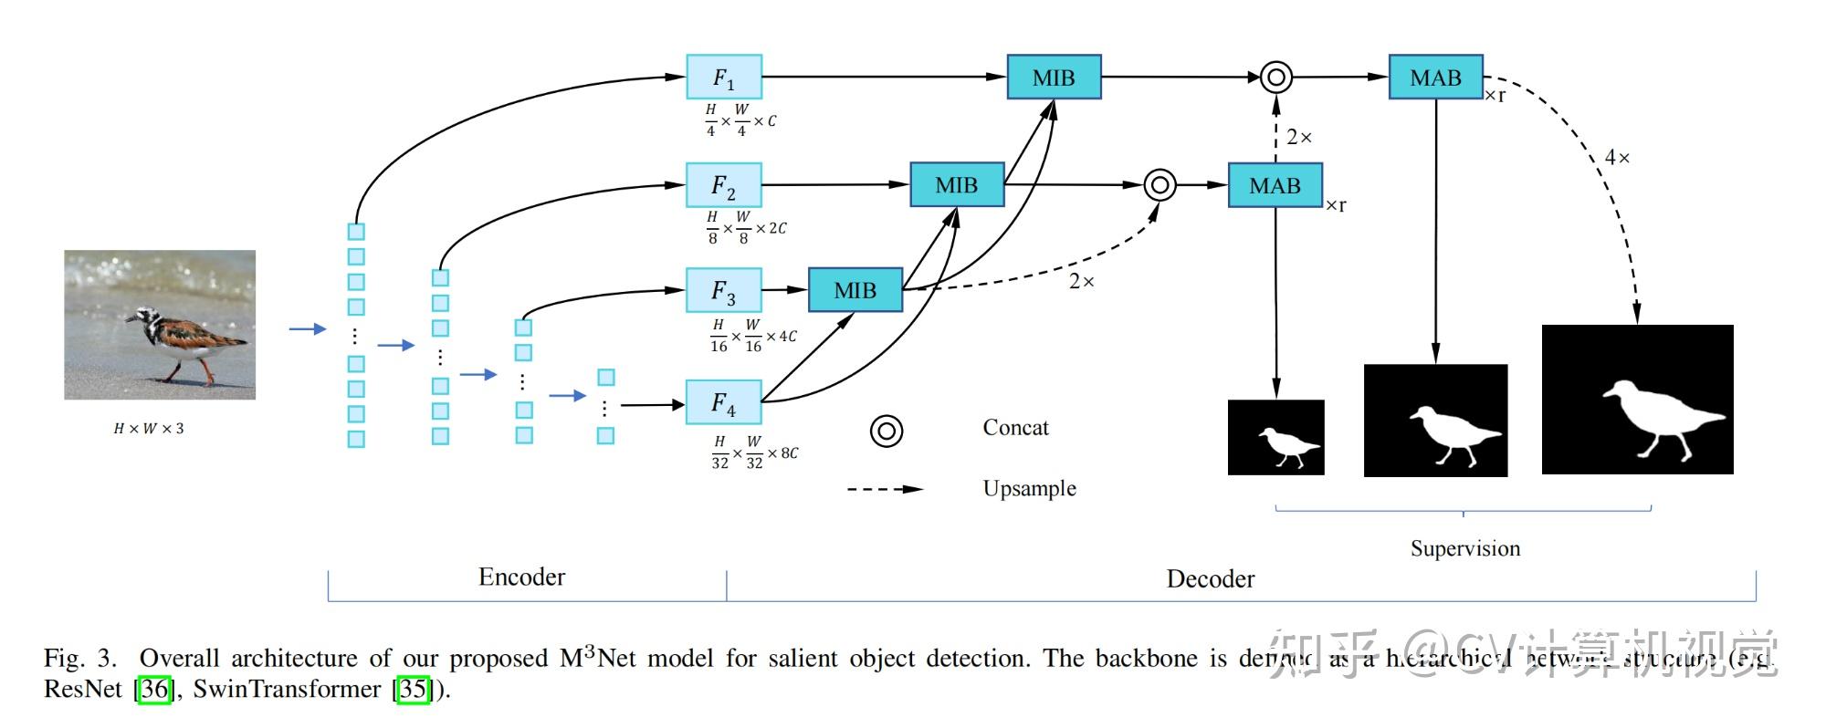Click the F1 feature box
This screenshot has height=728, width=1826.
724,78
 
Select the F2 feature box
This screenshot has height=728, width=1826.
724,185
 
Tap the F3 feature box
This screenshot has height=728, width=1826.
724,290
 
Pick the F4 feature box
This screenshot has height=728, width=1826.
724,402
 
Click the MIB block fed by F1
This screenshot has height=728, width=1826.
1054,78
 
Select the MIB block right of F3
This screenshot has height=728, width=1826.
855,290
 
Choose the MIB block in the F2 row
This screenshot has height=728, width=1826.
957,185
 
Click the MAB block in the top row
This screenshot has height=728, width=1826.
1435,78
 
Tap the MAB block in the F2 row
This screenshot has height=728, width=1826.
1275,186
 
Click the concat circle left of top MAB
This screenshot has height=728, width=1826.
1276,78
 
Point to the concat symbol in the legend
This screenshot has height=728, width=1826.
887,431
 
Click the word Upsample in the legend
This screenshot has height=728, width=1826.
1029,488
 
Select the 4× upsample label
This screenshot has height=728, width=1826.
1617,158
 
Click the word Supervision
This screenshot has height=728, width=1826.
1464,548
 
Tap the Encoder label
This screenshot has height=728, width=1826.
521,577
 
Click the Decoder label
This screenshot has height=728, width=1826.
1210,578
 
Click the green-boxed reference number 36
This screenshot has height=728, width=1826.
154,689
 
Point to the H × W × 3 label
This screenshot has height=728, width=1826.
149,429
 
